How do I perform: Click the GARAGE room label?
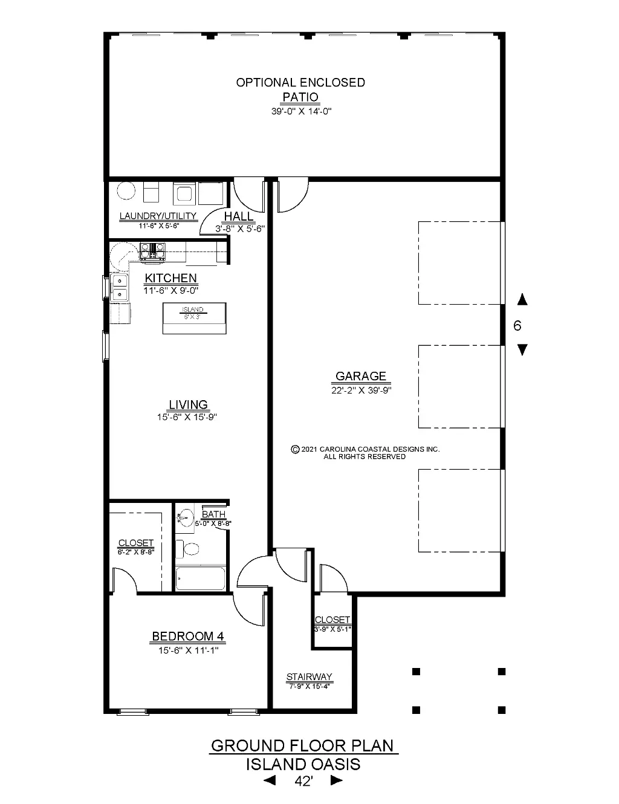click(361, 376)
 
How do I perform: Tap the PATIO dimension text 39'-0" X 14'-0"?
click(301, 111)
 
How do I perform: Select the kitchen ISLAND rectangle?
click(194, 318)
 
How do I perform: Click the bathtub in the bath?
click(200, 578)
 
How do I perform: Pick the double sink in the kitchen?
click(120, 287)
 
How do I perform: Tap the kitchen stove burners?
click(152, 251)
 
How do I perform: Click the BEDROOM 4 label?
click(188, 637)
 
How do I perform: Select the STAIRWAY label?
click(309, 676)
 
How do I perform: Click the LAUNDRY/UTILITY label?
click(158, 216)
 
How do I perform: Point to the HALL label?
click(239, 216)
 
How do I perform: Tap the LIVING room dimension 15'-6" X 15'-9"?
click(187, 417)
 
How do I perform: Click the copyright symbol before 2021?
click(295, 450)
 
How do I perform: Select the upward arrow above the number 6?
click(522, 299)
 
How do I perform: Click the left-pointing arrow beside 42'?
click(270, 780)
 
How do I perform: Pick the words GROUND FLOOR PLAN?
click(302, 746)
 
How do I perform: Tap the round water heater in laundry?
click(126, 191)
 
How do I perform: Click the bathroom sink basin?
click(186, 517)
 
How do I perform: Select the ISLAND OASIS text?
click(303, 765)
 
